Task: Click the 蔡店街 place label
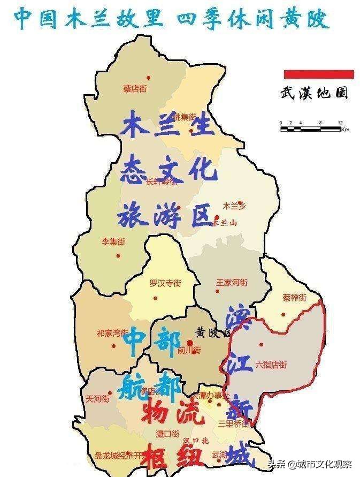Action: click(x=135, y=89)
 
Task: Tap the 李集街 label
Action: click(x=113, y=241)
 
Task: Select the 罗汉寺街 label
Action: click(x=165, y=283)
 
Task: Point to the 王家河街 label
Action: click(x=232, y=282)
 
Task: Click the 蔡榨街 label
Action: click(x=294, y=298)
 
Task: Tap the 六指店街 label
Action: click(x=271, y=365)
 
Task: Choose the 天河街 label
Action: click(x=97, y=399)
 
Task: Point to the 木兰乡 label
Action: click(x=234, y=205)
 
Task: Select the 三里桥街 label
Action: click(x=233, y=423)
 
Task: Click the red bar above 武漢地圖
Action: click(x=319, y=73)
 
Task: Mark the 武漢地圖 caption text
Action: click(x=314, y=93)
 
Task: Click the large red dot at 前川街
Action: click(x=189, y=342)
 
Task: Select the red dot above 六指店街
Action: click(x=261, y=344)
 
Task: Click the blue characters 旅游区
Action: click(x=166, y=215)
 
